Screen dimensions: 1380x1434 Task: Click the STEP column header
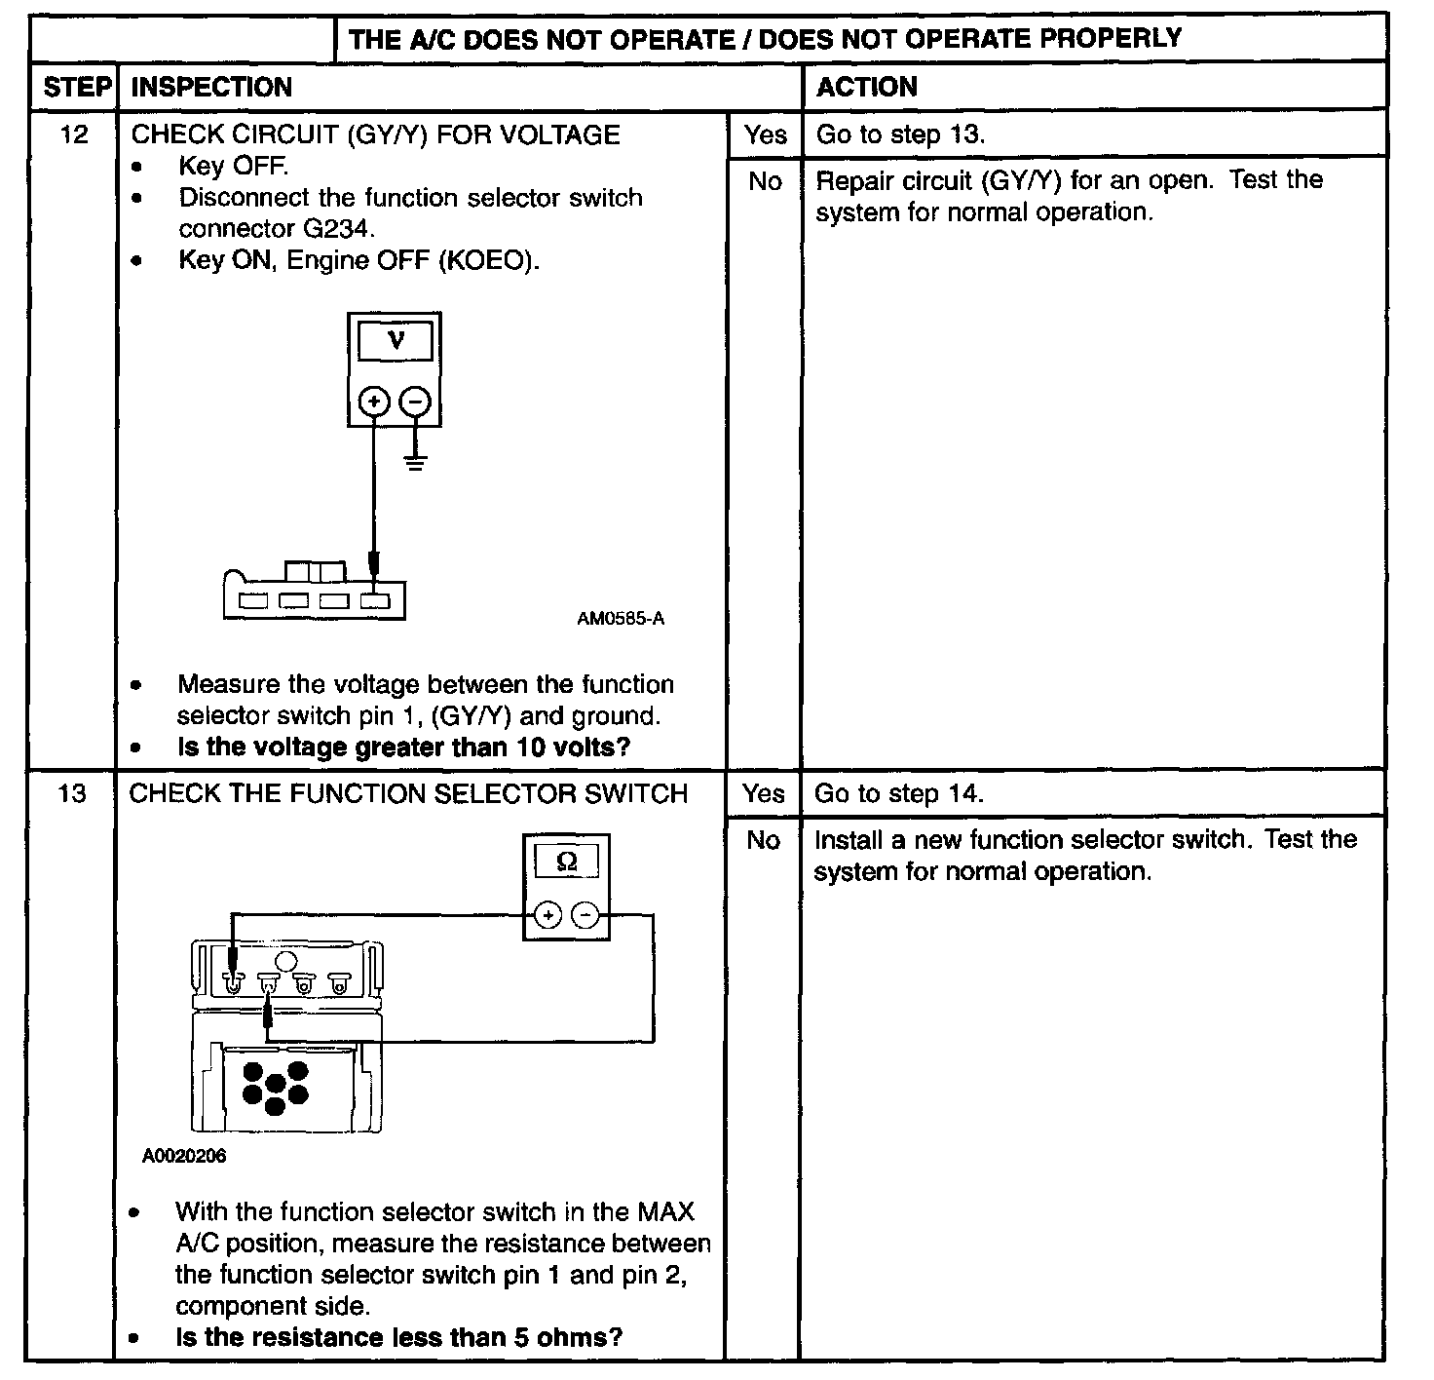[x=77, y=87]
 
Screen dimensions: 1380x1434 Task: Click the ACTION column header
[x=866, y=87]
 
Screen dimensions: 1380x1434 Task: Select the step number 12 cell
[x=74, y=134]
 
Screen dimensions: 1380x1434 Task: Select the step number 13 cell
[x=72, y=793]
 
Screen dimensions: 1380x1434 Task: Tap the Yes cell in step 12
[x=765, y=134]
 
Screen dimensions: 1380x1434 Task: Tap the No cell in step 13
[x=763, y=840]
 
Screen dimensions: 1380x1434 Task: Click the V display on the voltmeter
[x=395, y=341]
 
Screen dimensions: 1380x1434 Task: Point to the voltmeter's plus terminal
[x=374, y=401]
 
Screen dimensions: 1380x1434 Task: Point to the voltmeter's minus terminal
[x=416, y=401]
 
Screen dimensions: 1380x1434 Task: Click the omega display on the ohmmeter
[x=566, y=862]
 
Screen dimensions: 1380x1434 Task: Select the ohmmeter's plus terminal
[x=548, y=915]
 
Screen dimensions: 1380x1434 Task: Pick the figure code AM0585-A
[x=621, y=619]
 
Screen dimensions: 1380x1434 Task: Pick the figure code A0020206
[x=184, y=1156]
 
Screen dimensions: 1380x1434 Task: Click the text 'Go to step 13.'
[x=900, y=134]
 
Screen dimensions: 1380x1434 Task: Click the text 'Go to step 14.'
[x=898, y=793]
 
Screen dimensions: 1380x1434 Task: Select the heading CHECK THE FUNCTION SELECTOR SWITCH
[x=408, y=793]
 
